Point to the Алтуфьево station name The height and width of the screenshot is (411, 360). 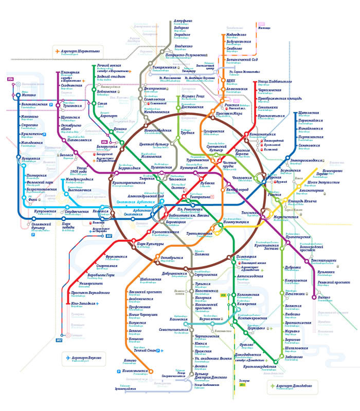[x=181, y=21]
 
